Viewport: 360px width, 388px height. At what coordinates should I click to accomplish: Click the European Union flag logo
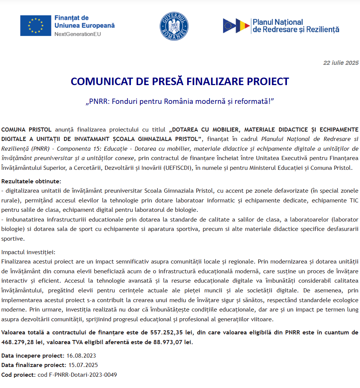click(36, 25)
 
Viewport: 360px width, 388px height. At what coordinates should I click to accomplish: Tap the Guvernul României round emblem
click(174, 26)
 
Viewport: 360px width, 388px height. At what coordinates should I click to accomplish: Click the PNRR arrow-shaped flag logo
click(236, 25)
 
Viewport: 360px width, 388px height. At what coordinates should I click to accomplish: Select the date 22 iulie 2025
click(341, 63)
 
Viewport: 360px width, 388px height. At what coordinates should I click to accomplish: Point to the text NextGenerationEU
click(78, 34)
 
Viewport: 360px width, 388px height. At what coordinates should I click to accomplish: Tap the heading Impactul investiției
click(28, 252)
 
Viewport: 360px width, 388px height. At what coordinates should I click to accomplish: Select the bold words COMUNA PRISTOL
click(27, 130)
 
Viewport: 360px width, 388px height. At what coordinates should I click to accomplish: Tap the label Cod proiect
click(18, 375)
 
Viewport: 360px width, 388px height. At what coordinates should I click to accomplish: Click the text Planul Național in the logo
click(278, 22)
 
